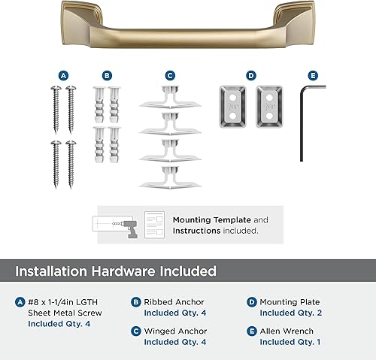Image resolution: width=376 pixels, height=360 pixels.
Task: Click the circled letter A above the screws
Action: pos(63,75)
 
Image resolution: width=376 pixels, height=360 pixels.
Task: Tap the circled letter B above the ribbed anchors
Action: pos(106,75)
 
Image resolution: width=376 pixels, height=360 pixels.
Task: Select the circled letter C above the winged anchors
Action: pos(170,75)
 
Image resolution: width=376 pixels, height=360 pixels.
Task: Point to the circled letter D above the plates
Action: pos(251,75)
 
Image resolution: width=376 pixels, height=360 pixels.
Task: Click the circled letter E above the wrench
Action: pos(314,75)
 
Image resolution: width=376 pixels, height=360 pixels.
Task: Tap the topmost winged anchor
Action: pos(170,98)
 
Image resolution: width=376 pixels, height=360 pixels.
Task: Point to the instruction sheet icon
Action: pos(154,224)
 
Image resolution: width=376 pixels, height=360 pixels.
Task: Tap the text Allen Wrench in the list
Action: pos(290,331)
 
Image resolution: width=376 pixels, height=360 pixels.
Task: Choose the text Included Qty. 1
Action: pos(290,342)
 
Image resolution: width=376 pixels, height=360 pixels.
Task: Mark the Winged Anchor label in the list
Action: pos(175,331)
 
